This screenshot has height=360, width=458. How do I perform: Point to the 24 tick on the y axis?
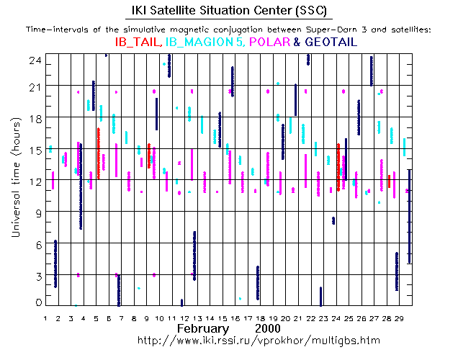tap(34, 61)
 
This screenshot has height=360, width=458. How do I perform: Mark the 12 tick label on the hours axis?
tap(34, 181)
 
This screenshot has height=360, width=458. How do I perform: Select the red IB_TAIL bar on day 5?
tap(98, 153)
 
